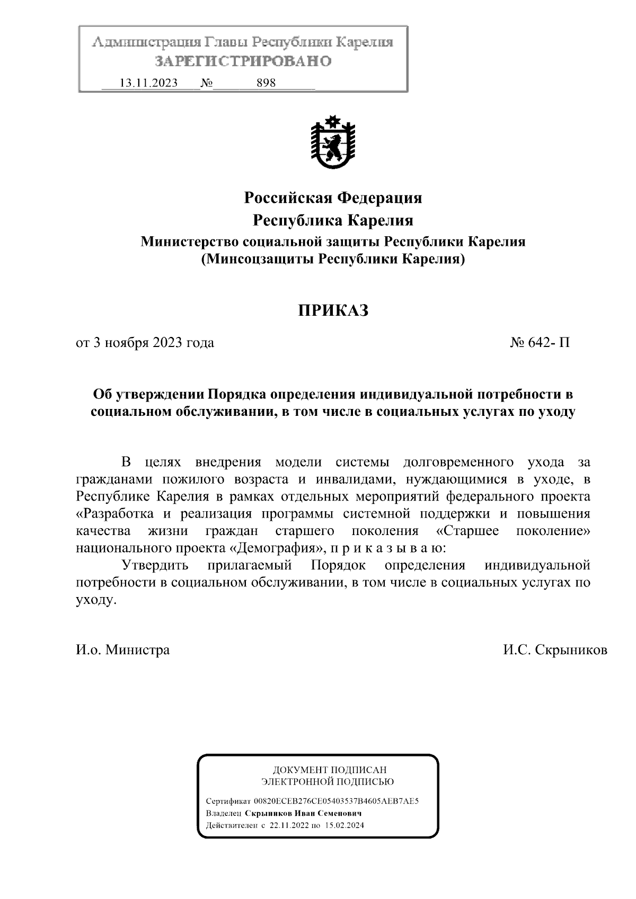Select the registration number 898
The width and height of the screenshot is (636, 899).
pos(266,83)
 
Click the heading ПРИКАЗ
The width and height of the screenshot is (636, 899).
pos(332,310)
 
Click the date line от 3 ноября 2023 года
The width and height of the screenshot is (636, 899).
pos(145,343)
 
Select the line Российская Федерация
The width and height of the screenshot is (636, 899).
pos(333,198)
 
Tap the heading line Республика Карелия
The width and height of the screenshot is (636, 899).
pos(333,220)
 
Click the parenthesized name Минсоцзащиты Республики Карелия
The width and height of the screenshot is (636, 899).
pos(333,259)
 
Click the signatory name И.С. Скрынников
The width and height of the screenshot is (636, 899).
pos(555,649)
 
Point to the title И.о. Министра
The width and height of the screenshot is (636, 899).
pos(123,649)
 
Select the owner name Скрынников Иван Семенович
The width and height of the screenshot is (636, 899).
pos(303,813)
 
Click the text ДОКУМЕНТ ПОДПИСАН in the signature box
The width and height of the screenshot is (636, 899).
pos(330,770)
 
